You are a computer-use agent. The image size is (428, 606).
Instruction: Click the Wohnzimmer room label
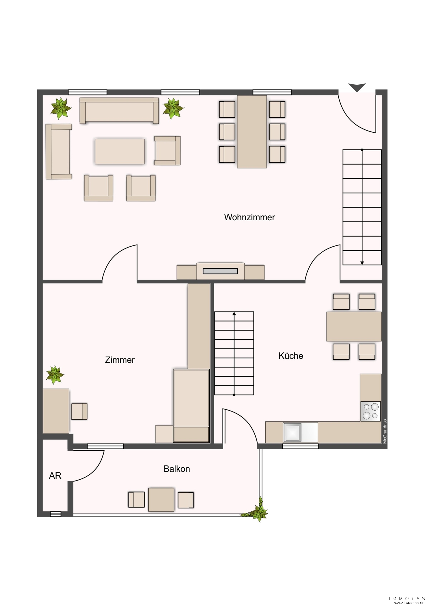pos(249,217)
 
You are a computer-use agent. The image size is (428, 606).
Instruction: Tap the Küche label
pos(291,356)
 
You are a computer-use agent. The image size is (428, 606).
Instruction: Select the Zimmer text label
pos(120,360)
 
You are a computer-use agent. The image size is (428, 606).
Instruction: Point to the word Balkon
pos(177,469)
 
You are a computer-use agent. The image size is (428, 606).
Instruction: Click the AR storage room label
pos(55,475)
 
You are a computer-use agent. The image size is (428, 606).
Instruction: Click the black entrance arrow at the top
pos(357,87)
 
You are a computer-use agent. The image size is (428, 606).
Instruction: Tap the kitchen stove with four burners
pos(370,411)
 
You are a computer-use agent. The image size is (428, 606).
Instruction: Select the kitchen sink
pos(293,432)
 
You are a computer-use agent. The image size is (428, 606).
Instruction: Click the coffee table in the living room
pos(120,151)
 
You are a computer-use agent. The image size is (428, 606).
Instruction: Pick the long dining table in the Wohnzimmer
pos(252,132)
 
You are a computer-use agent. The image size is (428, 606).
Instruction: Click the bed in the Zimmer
pos(191,406)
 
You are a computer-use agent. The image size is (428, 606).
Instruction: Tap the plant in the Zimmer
pos(55,375)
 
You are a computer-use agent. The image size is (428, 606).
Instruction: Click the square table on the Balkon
pos(161,500)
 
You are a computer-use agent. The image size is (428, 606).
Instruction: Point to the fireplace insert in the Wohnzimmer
pos(220,271)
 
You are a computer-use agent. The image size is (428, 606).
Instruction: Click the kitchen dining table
pos(354,327)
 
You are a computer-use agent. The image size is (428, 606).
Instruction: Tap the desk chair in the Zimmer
pos(79,411)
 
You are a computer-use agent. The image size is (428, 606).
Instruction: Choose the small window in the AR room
pos(55,514)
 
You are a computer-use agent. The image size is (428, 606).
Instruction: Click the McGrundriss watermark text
pos(385,431)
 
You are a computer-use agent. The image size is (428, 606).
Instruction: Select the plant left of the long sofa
pos(61,108)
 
